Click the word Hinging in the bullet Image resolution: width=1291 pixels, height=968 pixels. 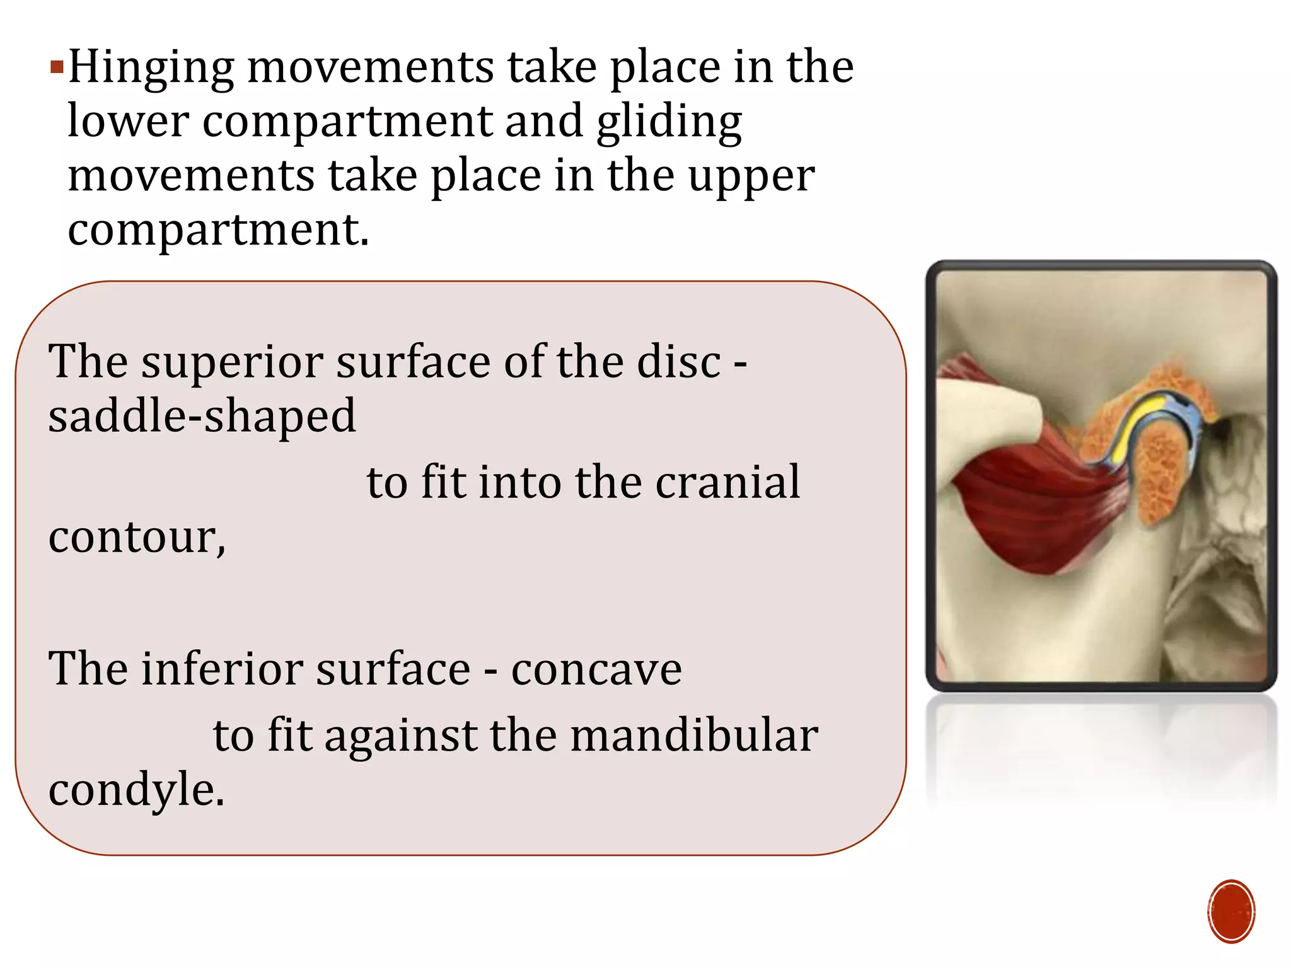(x=151, y=68)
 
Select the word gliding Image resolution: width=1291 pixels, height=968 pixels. (x=669, y=122)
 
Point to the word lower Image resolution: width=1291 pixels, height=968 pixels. (x=128, y=121)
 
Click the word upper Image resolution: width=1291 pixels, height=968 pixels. (x=751, y=176)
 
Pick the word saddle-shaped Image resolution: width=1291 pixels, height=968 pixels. (x=202, y=417)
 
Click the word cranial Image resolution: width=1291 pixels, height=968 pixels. (x=727, y=482)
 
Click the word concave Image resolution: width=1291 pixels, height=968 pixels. (x=596, y=669)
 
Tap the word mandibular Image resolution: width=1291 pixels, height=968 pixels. (x=694, y=735)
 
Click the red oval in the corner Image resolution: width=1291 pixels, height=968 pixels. (x=1231, y=911)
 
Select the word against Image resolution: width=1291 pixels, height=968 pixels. (x=401, y=735)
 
